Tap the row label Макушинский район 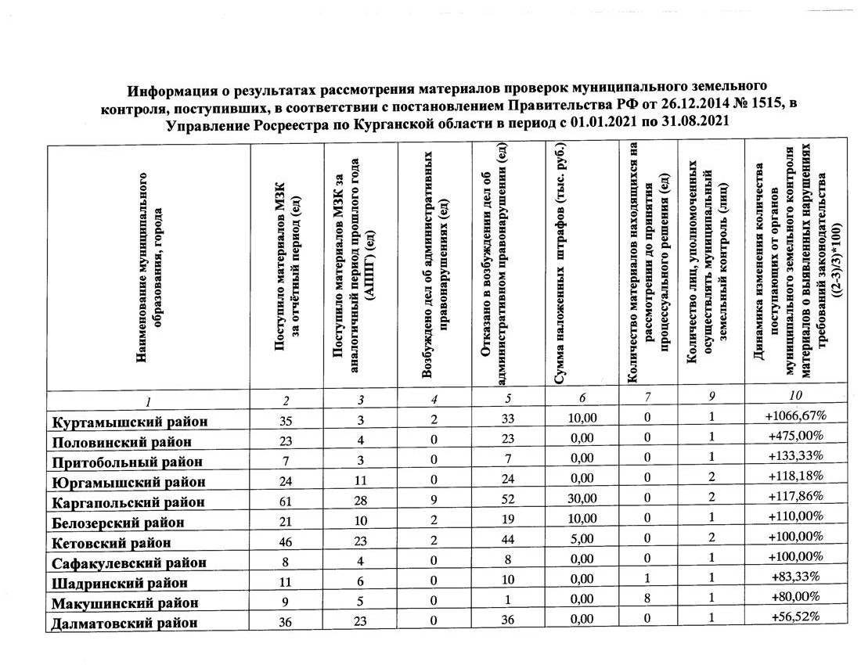124,603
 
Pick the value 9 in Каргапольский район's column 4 434,500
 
